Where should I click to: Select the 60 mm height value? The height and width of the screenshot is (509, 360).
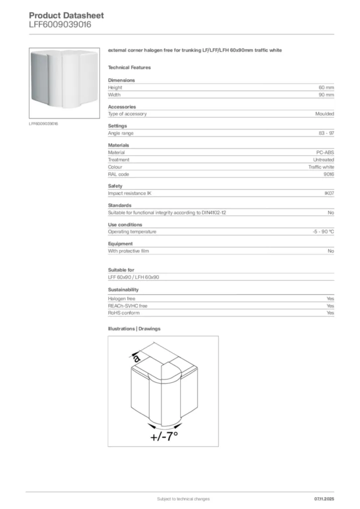326,87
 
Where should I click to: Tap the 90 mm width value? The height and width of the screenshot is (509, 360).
326,94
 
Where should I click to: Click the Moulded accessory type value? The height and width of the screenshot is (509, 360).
324,114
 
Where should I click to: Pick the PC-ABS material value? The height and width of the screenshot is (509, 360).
325,153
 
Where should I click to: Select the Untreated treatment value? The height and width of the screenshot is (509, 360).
323,160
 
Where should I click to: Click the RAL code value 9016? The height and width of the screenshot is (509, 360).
329,174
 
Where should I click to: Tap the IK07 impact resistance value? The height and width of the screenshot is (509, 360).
329,193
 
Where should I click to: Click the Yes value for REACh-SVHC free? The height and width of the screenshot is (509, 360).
330,306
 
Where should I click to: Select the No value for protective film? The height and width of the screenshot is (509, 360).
331,251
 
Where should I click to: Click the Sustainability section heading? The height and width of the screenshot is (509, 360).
123,289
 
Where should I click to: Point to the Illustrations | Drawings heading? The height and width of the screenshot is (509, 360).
134,329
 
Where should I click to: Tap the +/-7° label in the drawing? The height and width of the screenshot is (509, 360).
164,437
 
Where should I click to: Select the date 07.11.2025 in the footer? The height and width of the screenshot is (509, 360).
324,499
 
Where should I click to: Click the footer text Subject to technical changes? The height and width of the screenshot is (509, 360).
183,499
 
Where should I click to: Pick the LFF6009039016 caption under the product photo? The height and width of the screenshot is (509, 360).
44,123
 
